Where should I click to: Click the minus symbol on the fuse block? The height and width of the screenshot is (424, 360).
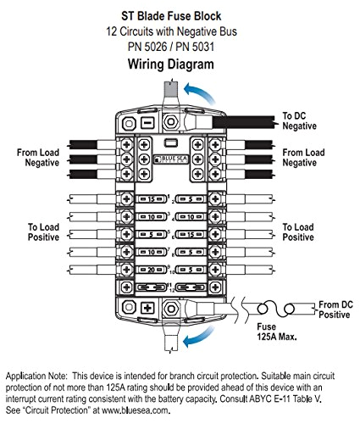[x=147, y=122]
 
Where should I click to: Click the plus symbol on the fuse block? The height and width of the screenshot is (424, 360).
[x=147, y=308]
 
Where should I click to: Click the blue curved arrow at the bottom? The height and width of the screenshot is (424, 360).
[x=197, y=339]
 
